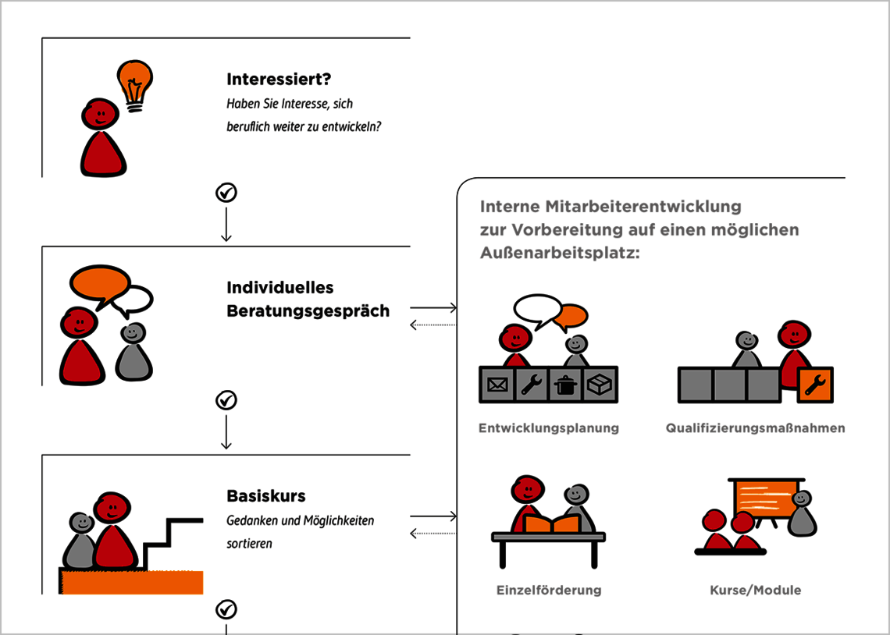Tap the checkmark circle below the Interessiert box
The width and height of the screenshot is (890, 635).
pos(226,193)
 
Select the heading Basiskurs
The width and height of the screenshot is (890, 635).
pos(265,495)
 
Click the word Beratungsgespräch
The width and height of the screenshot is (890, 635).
pos(308,310)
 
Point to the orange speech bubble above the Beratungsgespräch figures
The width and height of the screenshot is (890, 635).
pos(99,282)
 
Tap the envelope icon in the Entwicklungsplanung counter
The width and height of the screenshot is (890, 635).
pos(497,385)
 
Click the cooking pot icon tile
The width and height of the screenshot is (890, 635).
pos(565,385)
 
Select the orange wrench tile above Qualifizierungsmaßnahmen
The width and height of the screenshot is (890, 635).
pos(815,385)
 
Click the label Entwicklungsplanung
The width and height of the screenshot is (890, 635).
pos(548,427)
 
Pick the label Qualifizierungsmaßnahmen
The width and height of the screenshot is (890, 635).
pos(755,427)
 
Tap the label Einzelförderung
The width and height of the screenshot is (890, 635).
pos(549,590)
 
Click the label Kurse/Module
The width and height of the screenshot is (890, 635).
pos(755,590)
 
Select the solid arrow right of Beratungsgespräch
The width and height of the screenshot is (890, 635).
pos(433,308)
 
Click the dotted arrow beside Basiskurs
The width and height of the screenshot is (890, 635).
pos(433,534)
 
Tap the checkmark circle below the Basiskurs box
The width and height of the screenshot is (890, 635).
pos(226,608)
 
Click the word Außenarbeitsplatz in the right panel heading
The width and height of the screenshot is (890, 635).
pos(559,253)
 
